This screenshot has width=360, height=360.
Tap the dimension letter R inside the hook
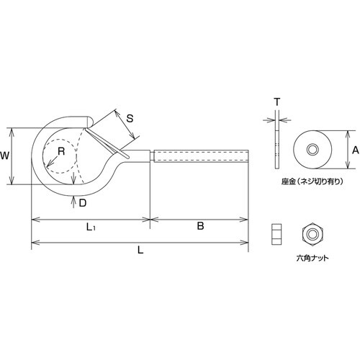pos(61,151)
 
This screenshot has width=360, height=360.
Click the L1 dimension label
pos(89,228)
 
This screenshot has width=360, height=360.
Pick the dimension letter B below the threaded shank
pos(201,227)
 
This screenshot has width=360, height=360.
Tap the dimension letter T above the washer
pos(277,103)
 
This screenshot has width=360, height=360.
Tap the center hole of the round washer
pos(312,148)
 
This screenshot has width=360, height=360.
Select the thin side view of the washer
pos(277,148)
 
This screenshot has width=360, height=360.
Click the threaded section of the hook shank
pos(202,155)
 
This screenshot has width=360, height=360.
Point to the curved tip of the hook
pos(90,120)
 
